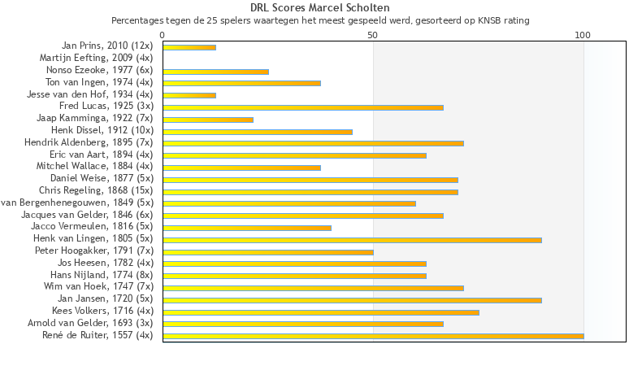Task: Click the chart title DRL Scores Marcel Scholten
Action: tap(320, 7)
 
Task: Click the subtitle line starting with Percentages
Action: tap(320, 20)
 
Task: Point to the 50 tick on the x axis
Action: tap(373, 34)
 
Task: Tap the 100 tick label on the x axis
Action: tap(583, 34)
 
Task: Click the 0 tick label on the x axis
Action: tap(163, 34)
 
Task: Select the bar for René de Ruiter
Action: tap(373, 336)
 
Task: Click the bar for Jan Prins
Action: tap(189, 47)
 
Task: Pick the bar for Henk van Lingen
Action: tap(352, 240)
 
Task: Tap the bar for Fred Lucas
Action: tap(303, 107)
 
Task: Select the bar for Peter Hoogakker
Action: tap(268, 252)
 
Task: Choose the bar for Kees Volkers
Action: tap(321, 312)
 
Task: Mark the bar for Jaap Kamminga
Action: tap(208, 120)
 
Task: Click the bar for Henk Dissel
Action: tap(258, 132)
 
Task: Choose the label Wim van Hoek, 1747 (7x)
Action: tap(98, 286)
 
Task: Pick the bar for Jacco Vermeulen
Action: tap(247, 228)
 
